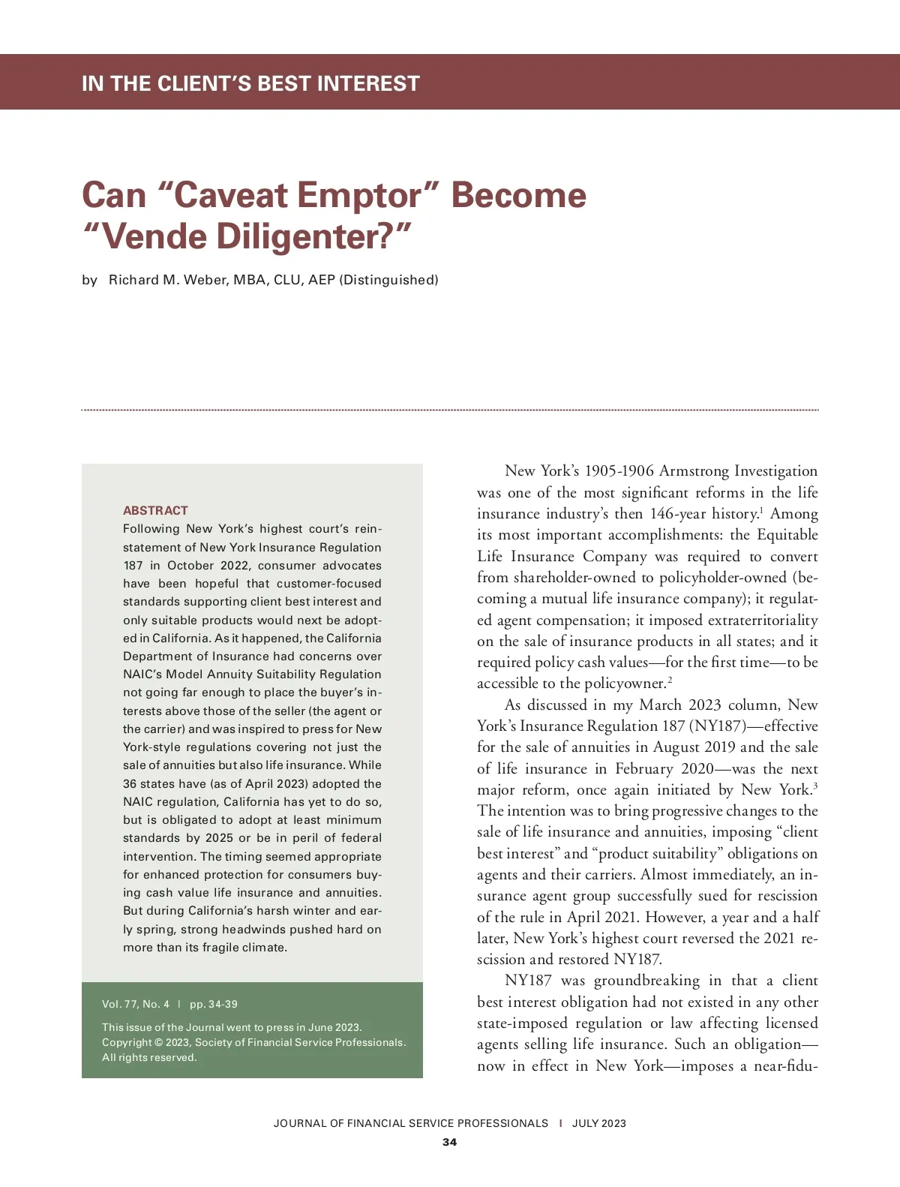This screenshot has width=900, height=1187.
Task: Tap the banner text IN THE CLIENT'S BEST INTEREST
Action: click(x=250, y=83)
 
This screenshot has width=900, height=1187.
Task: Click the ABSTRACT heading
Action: click(x=155, y=510)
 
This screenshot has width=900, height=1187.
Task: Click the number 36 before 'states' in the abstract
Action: click(x=130, y=784)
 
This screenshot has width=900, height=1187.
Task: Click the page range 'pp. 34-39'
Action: click(x=214, y=1004)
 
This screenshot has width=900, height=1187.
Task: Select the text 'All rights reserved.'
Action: click(x=149, y=1058)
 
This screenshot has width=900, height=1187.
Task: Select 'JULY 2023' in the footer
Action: click(x=598, y=1123)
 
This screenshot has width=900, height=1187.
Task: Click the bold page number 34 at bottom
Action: click(x=449, y=1142)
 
